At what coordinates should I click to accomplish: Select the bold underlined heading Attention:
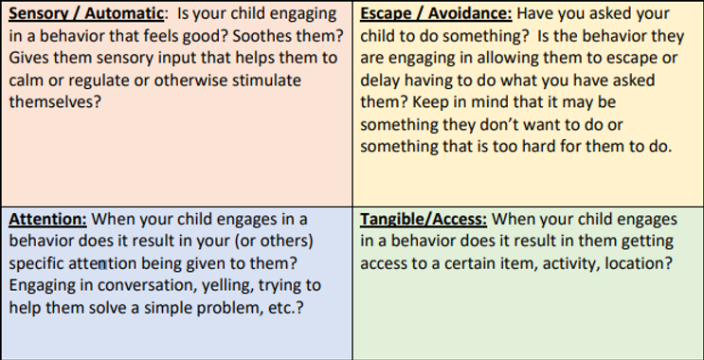(47, 219)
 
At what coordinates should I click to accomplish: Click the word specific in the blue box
(37, 262)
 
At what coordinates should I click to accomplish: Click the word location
(639, 262)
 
